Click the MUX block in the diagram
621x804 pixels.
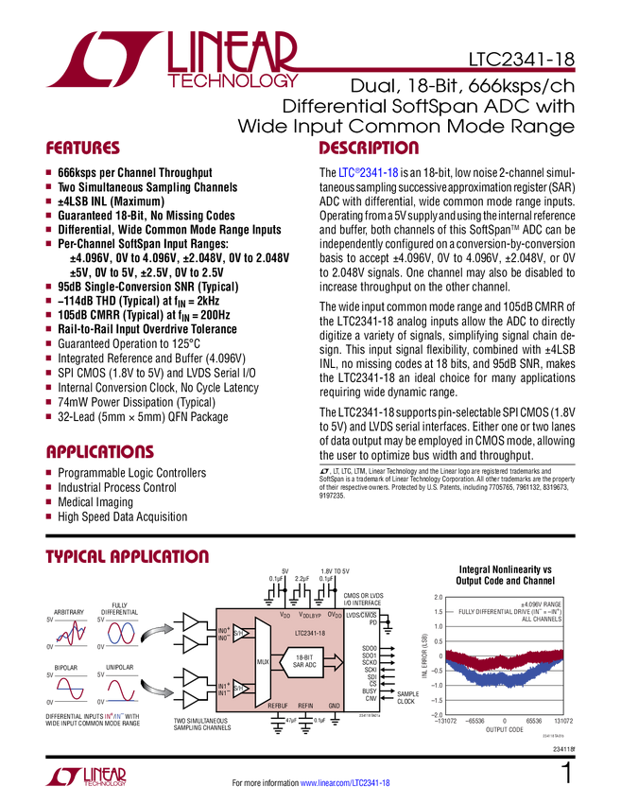coord(263,660)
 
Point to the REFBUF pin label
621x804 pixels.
coord(277,706)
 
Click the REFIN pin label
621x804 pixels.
coord(305,706)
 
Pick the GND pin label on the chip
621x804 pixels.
coord(334,706)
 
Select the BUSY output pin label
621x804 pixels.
coord(369,690)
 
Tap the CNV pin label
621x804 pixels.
coord(371,698)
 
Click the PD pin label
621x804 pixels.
coord(372,623)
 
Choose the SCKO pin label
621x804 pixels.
coord(369,662)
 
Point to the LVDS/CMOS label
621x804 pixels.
coord(361,615)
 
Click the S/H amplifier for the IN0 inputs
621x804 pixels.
coord(240,633)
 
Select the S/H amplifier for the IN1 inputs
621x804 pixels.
coord(240,689)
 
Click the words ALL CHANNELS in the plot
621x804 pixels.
coord(541,619)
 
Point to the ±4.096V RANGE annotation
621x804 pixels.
coord(541,603)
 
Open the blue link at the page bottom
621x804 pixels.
coord(345,783)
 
